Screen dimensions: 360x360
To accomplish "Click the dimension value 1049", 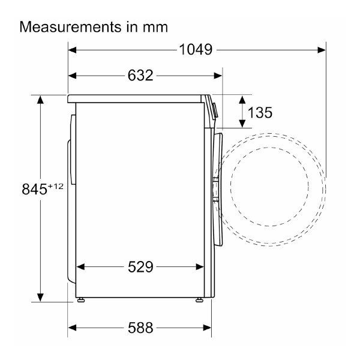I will tap(196, 50).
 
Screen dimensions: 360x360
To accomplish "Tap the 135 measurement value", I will tap(260, 112).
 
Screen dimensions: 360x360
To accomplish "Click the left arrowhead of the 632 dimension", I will tap(73, 75).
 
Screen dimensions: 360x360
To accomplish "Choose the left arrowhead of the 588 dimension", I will tap(73, 328).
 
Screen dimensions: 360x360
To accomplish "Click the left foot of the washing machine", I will tap(80, 298).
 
